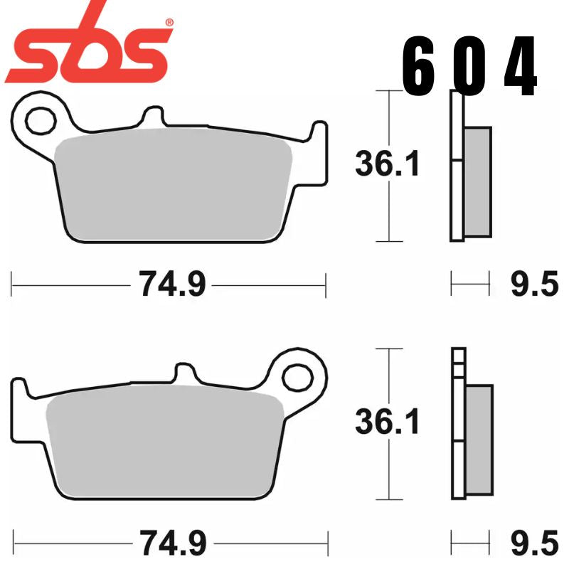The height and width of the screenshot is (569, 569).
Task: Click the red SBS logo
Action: tap(89, 50)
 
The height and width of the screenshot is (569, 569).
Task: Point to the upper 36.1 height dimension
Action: tap(388, 165)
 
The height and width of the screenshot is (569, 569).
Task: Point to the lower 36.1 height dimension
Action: tap(388, 423)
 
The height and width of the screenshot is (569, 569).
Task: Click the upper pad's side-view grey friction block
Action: tap(477, 181)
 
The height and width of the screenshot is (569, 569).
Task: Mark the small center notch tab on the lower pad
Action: tap(185, 375)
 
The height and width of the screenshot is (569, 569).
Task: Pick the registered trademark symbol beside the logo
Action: tap(169, 22)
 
